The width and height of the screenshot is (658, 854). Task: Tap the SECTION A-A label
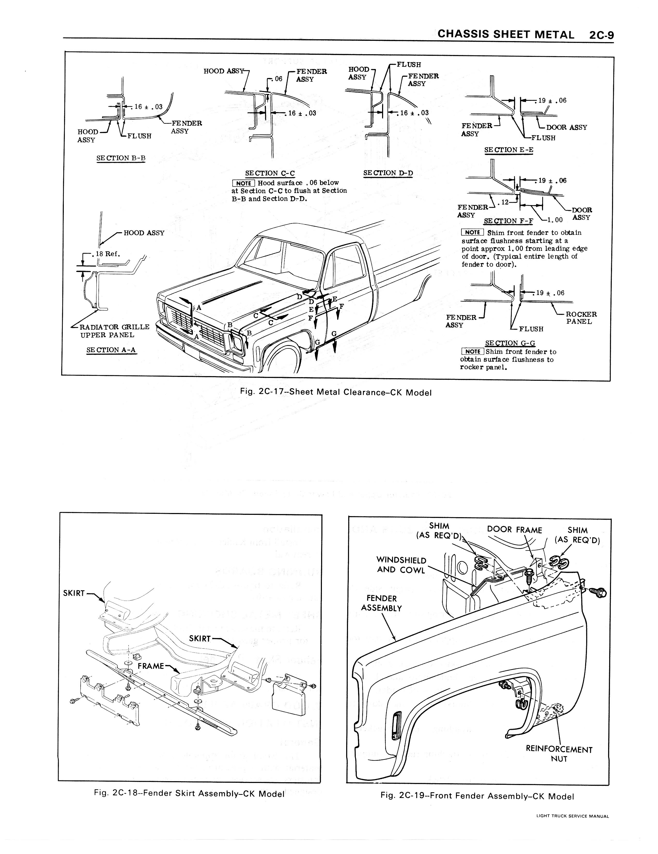click(x=111, y=350)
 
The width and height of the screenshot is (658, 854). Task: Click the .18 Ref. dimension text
click(x=105, y=253)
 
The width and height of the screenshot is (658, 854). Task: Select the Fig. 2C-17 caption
click(x=336, y=392)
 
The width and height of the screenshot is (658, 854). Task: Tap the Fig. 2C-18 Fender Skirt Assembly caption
click(x=189, y=793)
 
